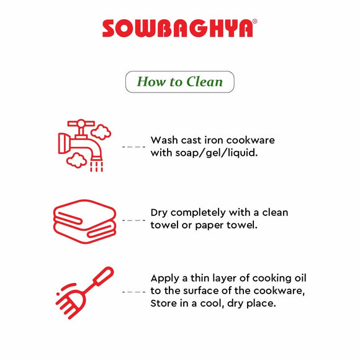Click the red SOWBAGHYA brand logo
pos(178,28)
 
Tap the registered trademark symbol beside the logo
pos(254,21)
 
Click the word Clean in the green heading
pos(205,82)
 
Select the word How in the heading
pos(151,82)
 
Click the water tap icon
pos(84,145)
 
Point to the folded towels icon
pos(84,222)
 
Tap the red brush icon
pos(84,293)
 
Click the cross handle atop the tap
pos(81,124)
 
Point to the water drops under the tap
pos(96,166)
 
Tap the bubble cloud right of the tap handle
pos(101,132)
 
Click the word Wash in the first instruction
pos(164,140)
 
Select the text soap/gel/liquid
pos(216,153)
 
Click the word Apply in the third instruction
pos(165,279)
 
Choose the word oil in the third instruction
pos(300,278)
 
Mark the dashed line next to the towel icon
pos(133,220)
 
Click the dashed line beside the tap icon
pos(133,146)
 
